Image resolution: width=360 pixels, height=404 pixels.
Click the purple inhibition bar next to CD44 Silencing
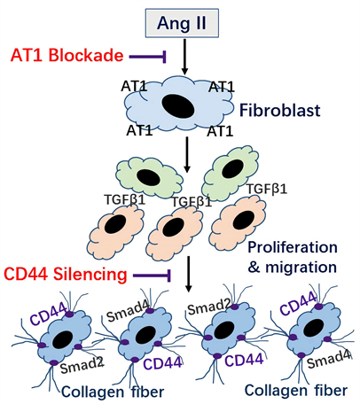150,276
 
